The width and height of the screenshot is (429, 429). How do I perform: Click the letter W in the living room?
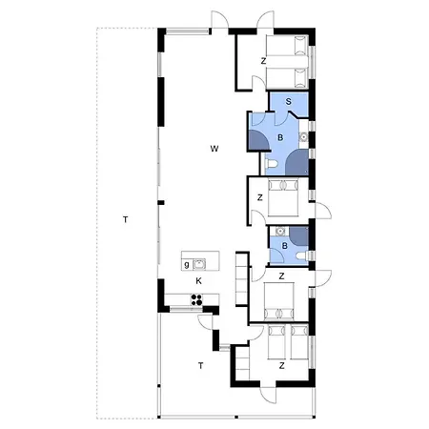point(214,149)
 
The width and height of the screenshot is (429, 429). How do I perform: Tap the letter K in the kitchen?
point(199,281)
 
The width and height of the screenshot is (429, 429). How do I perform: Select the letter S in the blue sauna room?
point(289,102)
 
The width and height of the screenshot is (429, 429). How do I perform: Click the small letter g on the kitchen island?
point(187,264)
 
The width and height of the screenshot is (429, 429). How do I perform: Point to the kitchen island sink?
point(199,264)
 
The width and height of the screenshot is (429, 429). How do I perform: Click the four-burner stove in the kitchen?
point(196,299)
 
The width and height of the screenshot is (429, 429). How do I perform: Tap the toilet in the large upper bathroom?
point(272,164)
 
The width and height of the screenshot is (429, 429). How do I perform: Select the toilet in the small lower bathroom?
point(302,255)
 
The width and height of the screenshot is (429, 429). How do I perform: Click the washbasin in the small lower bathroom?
point(280,231)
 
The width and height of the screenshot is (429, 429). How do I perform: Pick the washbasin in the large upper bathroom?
point(304,137)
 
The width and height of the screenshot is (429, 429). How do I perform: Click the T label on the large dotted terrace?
point(126,219)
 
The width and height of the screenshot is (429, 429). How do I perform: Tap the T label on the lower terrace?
point(200,366)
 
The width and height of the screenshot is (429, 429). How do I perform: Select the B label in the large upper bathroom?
point(280,138)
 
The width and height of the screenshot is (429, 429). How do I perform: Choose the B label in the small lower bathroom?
point(285,246)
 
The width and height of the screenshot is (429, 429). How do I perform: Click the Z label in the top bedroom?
point(263,61)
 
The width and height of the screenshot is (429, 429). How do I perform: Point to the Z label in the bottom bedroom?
point(281,366)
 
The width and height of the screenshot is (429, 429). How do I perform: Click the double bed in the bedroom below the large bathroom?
point(283,197)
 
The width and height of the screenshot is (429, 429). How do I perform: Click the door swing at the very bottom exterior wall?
point(268,396)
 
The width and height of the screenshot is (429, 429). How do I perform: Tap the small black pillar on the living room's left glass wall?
point(161,202)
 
